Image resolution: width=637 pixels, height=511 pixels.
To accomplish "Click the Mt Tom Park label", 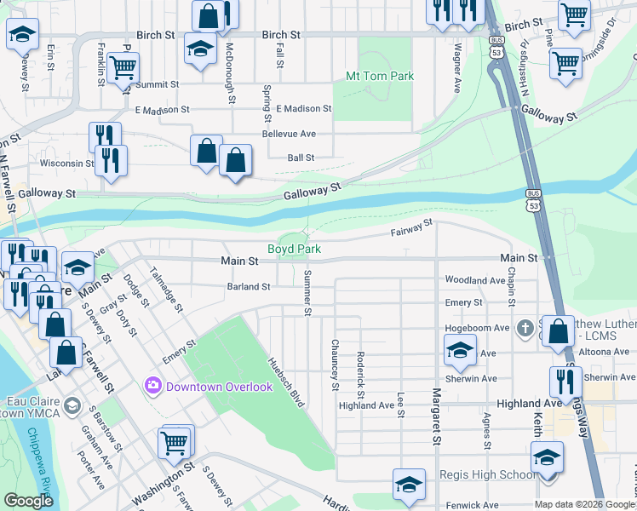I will [379, 76].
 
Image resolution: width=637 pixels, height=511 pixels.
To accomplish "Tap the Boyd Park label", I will [294, 249].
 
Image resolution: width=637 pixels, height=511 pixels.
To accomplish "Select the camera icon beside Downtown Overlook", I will [153, 386].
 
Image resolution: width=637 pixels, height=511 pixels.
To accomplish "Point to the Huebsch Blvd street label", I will [286, 380].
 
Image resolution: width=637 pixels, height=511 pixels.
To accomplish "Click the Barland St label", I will [248, 287].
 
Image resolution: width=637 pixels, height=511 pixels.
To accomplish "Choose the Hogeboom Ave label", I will [477, 327].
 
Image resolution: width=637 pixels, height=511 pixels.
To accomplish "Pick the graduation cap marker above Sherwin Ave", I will [459, 350].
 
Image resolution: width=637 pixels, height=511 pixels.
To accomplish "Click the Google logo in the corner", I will [29, 501].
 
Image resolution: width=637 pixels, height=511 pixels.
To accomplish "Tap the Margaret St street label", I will [436, 416].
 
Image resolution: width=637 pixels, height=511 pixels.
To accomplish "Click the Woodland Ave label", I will [475, 279].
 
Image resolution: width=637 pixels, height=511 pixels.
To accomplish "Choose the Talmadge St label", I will [165, 290].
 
